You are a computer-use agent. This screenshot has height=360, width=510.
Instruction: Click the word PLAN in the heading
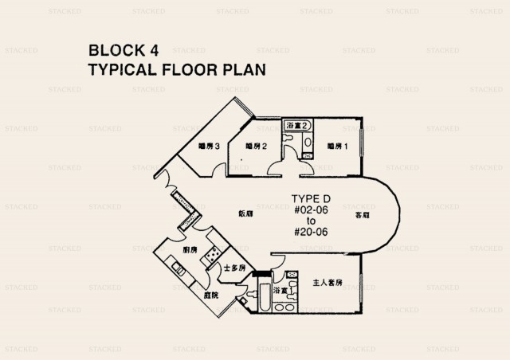[x=242, y=69]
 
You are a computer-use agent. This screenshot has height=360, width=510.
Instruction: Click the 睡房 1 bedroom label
[x=339, y=146]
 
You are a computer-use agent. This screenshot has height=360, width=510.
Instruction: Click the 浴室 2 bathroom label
[x=296, y=126]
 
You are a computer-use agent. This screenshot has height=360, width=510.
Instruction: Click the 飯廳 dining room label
[x=246, y=213]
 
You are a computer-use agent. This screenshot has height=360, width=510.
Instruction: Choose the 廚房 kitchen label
[x=190, y=250]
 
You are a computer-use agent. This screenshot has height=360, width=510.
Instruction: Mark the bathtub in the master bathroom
[x=260, y=299]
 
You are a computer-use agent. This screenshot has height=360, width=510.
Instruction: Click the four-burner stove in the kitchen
[x=214, y=254]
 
